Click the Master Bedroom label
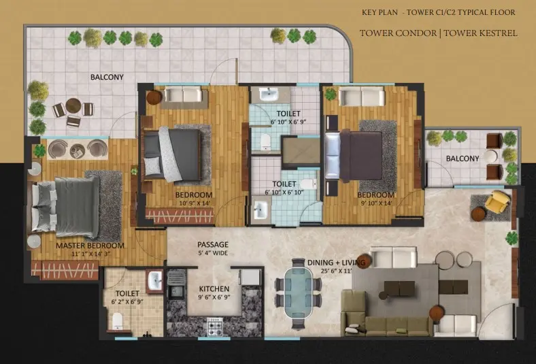90,246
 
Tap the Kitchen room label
214,288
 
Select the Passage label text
213,244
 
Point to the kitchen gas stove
215,327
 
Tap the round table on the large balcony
73,105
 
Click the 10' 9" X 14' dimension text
193,203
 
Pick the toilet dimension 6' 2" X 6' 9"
127,302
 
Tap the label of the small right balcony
463,159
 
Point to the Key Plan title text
380,13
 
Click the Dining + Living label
337,263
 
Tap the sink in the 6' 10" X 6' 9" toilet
269,94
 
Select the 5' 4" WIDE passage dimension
213,253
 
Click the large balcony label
107,78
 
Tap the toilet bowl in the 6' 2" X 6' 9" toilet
117,321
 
